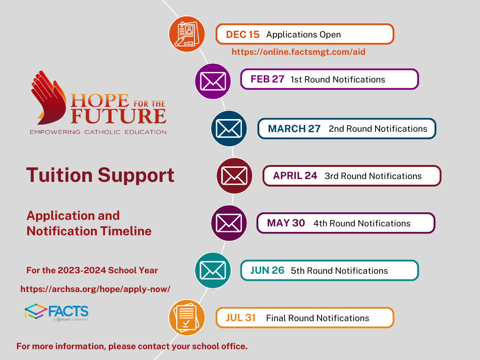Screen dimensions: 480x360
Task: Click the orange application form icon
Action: coord(187,34)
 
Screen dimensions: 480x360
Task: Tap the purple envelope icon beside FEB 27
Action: coord(213,81)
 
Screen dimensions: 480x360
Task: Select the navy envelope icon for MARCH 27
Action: coord(229,128)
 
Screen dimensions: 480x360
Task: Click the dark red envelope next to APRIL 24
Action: coord(234,176)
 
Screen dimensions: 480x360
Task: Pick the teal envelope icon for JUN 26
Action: coord(213,270)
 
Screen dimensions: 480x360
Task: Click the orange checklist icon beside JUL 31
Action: coord(187,317)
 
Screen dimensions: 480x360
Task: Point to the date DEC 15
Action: coord(242,35)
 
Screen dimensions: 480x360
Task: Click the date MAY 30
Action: coord(286,223)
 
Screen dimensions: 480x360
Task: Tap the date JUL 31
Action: coord(240,318)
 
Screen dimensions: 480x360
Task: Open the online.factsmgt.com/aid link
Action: coord(299,52)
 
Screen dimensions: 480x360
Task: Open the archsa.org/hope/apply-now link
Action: coord(96,289)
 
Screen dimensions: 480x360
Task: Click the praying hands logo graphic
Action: coord(48,97)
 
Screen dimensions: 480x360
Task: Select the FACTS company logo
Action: coord(57,312)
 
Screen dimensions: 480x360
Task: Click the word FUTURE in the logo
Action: coord(119,116)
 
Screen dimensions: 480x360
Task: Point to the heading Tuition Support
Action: coord(100,175)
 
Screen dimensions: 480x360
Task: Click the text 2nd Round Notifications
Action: coord(378,129)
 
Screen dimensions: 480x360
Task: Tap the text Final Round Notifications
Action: coord(317,318)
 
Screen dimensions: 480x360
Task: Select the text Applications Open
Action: coord(303,35)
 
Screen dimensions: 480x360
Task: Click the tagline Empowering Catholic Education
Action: coord(98,132)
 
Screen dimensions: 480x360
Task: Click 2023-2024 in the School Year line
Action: coord(82,270)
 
